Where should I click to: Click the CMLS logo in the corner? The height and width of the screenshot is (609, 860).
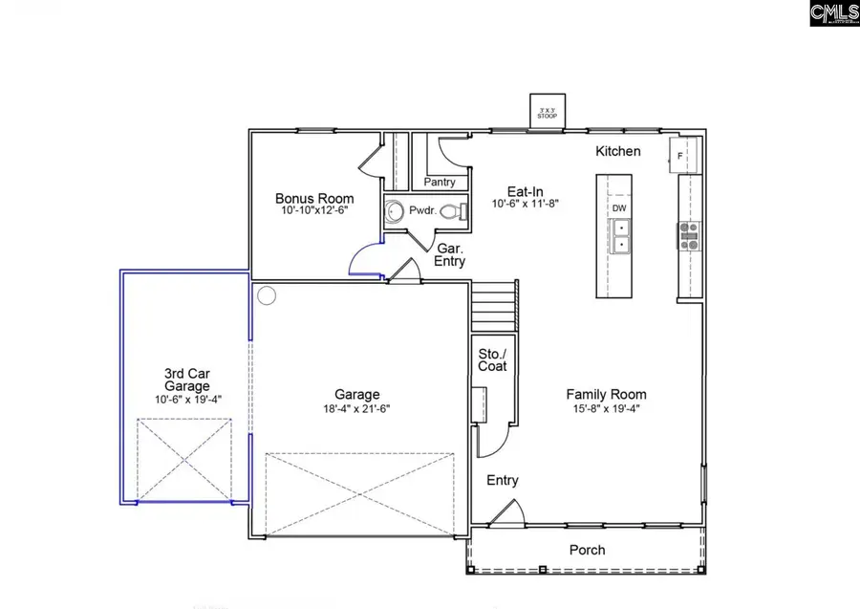[833, 13]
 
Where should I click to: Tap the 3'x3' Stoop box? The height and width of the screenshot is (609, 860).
[548, 111]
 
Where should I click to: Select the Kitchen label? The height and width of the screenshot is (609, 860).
[618, 151]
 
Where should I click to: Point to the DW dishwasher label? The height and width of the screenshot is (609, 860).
[619, 208]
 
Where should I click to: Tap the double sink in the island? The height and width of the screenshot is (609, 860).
[620, 235]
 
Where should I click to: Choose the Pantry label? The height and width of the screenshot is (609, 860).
[439, 182]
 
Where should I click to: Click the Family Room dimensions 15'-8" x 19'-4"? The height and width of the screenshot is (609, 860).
[606, 409]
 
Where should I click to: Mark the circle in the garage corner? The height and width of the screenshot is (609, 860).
[267, 296]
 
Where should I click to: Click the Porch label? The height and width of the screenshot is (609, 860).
[587, 550]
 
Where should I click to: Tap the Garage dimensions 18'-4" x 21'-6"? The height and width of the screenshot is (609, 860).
[357, 409]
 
